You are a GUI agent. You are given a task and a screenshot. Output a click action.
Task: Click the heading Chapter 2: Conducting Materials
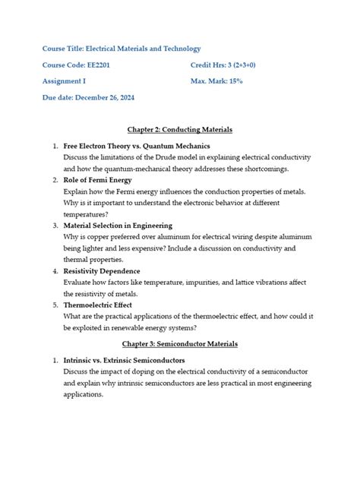pyautogui.click(x=180, y=130)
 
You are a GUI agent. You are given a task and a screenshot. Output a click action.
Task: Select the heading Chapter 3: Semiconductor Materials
pyautogui.click(x=180, y=344)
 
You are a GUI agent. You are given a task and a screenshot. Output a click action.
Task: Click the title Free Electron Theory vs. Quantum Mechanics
pyautogui.click(x=137, y=145)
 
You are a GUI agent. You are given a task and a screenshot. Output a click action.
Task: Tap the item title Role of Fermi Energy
pyautogui.click(x=97, y=180)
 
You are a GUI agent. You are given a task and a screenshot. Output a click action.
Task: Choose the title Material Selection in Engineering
pyautogui.click(x=118, y=226)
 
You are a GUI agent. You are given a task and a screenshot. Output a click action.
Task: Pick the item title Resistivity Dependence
pyautogui.click(x=102, y=271)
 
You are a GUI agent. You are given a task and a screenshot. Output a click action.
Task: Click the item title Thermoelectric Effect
pyautogui.click(x=98, y=305)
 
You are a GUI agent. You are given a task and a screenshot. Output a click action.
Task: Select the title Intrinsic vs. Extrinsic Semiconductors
pyautogui.click(x=124, y=360)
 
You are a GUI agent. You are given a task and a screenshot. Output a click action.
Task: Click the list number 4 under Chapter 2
pyautogui.click(x=55, y=271)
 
